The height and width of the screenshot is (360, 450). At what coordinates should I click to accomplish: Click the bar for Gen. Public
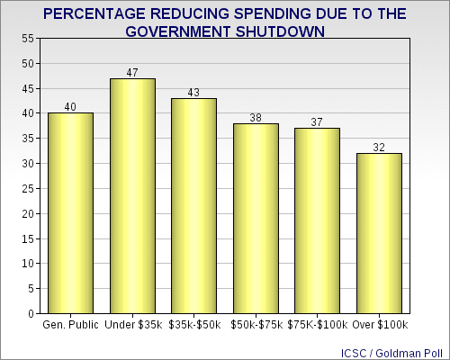(x=70, y=213)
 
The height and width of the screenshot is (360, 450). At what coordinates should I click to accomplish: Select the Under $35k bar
(x=132, y=196)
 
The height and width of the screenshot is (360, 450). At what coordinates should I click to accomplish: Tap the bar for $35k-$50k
(x=193, y=206)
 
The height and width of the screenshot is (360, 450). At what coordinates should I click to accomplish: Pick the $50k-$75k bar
(x=256, y=219)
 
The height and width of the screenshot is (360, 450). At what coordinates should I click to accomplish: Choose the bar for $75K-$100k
(x=317, y=221)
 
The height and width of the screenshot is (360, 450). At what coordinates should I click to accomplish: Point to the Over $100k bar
(x=379, y=234)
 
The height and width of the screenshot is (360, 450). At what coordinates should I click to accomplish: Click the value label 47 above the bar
(x=132, y=72)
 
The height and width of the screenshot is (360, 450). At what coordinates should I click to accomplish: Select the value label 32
(x=379, y=147)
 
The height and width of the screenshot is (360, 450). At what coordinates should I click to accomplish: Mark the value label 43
(x=193, y=92)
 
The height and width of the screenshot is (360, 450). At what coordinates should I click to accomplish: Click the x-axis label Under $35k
(x=132, y=324)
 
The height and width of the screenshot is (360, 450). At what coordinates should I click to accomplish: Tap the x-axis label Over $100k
(x=379, y=324)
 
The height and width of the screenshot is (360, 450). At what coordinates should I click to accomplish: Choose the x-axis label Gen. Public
(x=70, y=324)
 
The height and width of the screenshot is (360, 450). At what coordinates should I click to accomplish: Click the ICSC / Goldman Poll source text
(x=393, y=349)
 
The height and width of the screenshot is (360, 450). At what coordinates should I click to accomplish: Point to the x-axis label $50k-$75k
(x=256, y=324)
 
